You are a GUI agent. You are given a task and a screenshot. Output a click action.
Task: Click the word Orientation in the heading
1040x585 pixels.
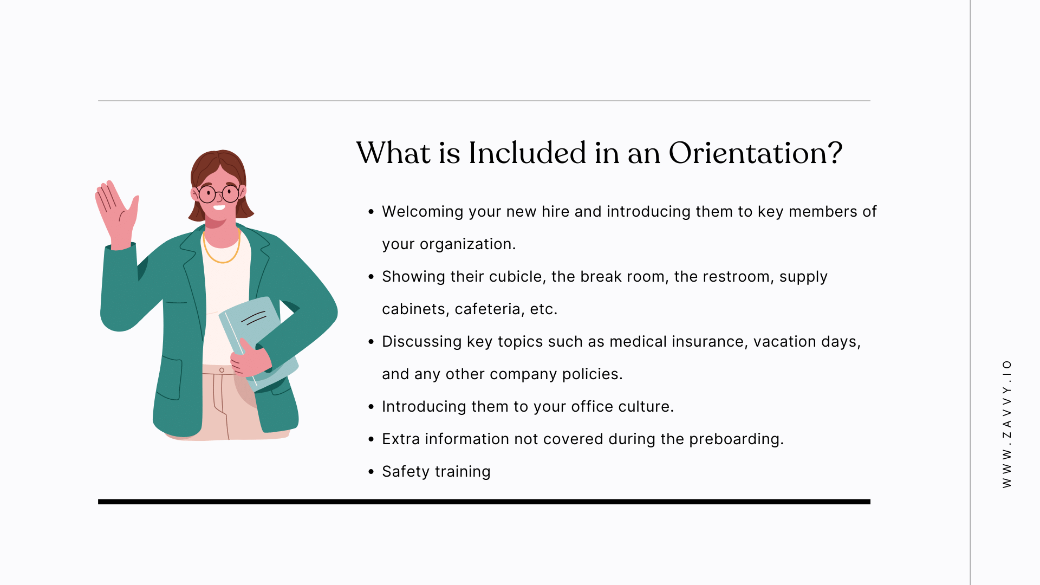coord(755,153)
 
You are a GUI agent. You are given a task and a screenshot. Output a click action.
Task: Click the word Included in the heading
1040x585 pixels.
coord(527,153)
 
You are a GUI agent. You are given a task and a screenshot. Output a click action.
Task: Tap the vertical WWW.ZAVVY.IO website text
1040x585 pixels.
coord(1007,424)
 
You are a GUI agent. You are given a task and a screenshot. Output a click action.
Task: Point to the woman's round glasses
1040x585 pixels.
coord(219,193)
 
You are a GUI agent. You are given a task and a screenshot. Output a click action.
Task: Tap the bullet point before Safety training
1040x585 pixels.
coord(371,472)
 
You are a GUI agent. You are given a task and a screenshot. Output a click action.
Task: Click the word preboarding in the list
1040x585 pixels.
coord(736,439)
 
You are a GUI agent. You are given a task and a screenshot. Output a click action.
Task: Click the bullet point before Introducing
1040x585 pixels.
coord(371,407)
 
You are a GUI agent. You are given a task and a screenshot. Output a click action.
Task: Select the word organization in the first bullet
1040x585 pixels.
coord(467,244)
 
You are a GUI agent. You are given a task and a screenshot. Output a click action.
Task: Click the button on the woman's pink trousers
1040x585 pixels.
coord(222,370)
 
